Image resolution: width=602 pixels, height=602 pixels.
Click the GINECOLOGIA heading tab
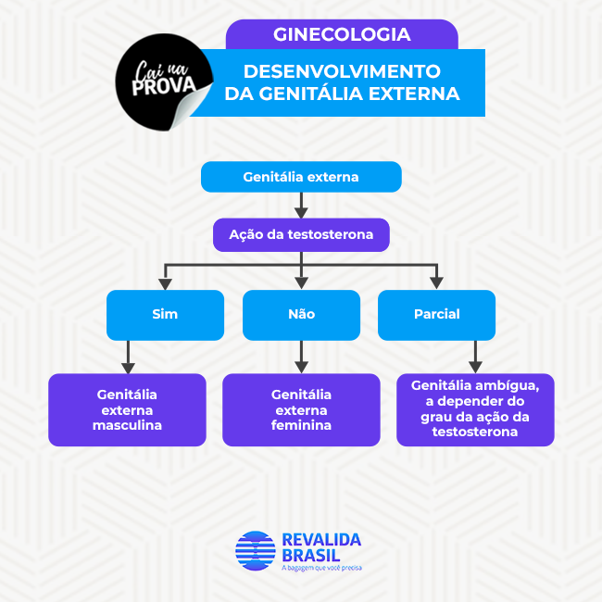point(342,34)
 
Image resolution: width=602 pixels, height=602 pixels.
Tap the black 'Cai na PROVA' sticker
point(163,82)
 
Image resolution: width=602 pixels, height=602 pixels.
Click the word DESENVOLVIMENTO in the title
point(342,71)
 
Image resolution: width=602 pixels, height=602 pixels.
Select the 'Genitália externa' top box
point(301,177)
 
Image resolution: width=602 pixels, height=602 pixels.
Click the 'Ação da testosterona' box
point(301,234)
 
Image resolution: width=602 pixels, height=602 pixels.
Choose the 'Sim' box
point(165,315)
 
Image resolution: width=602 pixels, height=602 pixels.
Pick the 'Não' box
point(301,315)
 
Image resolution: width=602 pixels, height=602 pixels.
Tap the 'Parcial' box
point(436,315)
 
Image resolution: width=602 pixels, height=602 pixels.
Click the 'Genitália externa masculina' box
point(127,409)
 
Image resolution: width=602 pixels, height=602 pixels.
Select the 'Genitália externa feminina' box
point(301,409)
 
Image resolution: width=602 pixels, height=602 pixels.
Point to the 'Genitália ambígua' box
point(475,409)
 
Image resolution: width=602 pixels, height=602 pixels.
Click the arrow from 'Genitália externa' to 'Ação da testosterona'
point(301,206)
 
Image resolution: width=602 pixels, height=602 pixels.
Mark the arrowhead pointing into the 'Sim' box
point(165,284)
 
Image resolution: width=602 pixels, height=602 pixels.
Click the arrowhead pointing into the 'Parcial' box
point(436,283)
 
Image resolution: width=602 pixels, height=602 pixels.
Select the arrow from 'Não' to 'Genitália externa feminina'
point(301,357)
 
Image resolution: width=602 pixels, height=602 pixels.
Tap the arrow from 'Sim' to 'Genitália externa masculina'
point(128,357)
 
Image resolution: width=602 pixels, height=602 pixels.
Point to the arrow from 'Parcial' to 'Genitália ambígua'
point(475,357)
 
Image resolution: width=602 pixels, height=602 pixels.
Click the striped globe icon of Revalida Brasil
point(256,550)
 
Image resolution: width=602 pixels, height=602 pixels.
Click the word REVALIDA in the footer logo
point(321,540)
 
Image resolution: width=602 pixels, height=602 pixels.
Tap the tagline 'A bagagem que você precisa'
point(321,568)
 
